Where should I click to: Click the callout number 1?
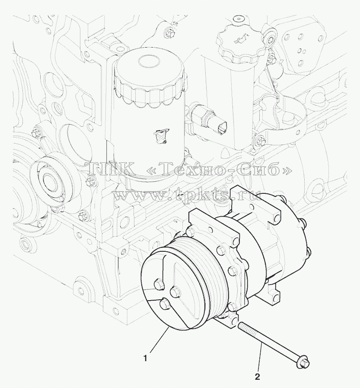point(146,358)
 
